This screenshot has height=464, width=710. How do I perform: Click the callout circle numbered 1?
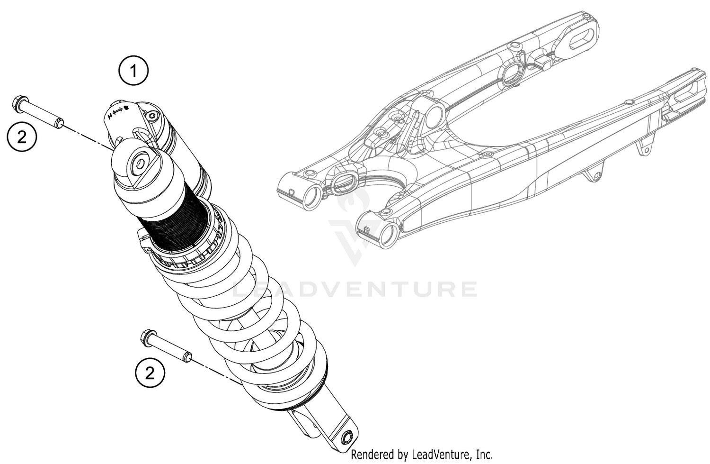click(x=133, y=71)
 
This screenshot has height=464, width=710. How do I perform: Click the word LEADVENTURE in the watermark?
click(x=355, y=289)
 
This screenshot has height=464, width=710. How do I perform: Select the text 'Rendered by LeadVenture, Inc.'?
click(x=421, y=455)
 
